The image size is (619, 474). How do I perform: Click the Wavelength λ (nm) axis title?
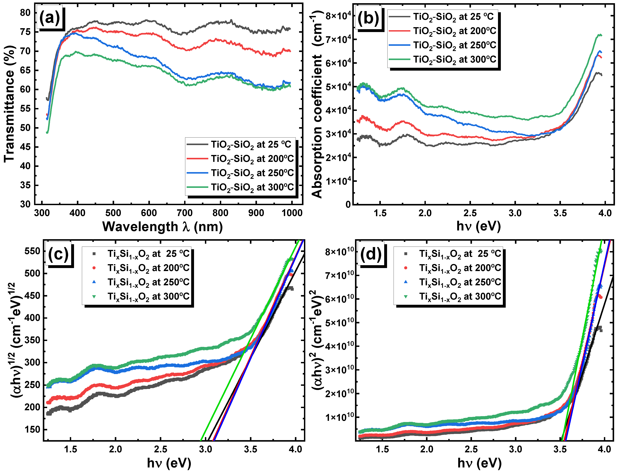[x=162, y=227]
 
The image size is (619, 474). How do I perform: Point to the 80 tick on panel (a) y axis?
[x=25, y=13]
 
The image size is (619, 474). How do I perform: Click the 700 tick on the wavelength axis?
[x=185, y=213]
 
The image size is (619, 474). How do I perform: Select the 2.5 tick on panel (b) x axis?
[x=470, y=213]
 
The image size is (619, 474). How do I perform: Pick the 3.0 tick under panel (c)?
[x=205, y=449]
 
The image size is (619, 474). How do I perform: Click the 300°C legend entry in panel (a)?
[x=252, y=187]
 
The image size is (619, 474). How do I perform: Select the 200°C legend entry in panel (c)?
[x=148, y=268]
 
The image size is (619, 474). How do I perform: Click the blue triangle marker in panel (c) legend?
[x=94, y=282]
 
